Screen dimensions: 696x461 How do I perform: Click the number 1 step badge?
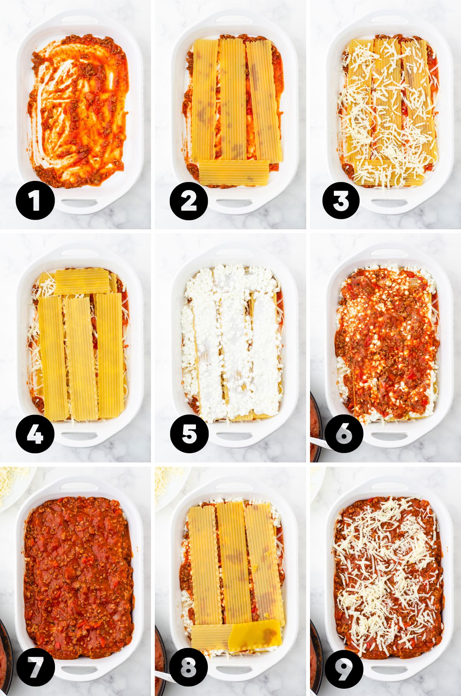[x=35, y=201]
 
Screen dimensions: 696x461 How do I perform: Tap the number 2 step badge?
[x=189, y=201]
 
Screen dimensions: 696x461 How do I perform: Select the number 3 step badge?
[x=341, y=201]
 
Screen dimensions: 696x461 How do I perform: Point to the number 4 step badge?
[x=35, y=434]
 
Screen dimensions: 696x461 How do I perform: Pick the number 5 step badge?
[x=189, y=434]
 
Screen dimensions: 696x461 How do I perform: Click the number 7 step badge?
[x=35, y=667]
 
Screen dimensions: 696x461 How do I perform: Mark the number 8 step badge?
[x=189, y=667]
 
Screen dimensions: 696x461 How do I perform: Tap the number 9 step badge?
[x=344, y=667]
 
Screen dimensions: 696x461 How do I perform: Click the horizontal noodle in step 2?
[x=234, y=173]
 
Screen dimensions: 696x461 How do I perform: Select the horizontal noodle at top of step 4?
[x=82, y=281]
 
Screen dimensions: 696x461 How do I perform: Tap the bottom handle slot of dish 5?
[x=234, y=436]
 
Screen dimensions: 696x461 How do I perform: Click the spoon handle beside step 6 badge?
[x=321, y=444]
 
